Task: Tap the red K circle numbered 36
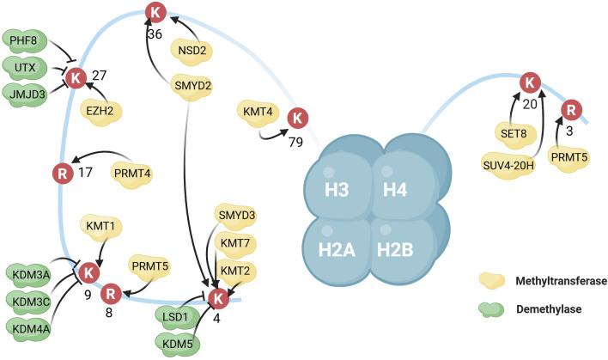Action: point(155,12)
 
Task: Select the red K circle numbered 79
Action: point(299,117)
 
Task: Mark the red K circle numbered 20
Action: point(532,84)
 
